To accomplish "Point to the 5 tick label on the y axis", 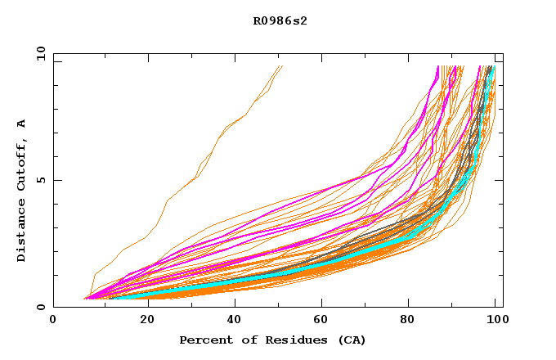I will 40,180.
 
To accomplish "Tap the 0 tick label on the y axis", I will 40,307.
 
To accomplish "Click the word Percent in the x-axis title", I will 204,340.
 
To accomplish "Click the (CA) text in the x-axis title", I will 350,340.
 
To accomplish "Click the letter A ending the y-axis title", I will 22,124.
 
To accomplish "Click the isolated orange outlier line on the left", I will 196,175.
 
